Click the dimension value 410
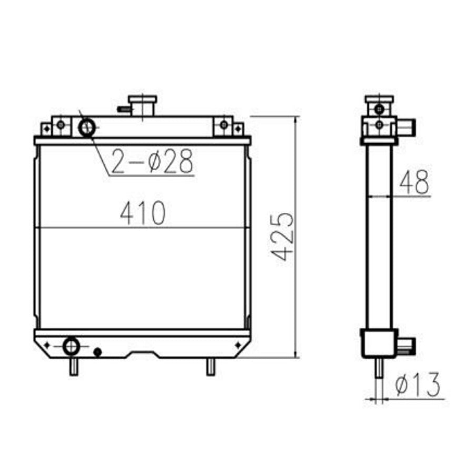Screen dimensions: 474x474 (x=143, y=213)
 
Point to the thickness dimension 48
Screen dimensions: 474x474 (x=414, y=182)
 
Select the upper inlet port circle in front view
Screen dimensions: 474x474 (x=87, y=127)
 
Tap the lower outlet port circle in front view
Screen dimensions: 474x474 (x=71, y=346)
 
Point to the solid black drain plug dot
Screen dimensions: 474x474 (x=97, y=351)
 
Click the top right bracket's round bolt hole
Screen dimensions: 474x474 (x=224, y=125)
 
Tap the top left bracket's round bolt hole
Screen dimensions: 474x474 (x=61, y=125)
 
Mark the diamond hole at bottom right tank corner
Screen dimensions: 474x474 (x=238, y=344)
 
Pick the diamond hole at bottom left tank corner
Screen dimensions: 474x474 (x=47, y=345)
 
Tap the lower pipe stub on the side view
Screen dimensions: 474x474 (x=407, y=345)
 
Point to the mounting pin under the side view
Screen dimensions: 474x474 (x=378, y=371)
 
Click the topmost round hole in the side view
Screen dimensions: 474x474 (x=379, y=109)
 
